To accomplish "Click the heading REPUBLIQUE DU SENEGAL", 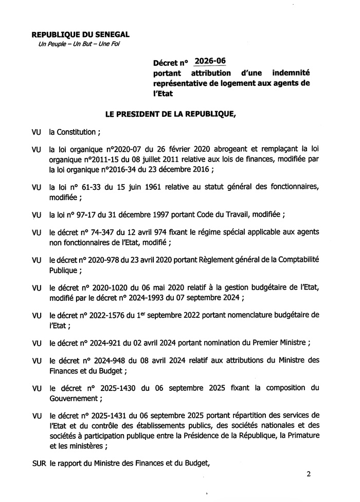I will [x=81, y=34].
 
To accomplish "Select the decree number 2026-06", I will [x=209, y=62].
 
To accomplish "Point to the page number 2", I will [x=309, y=474].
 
